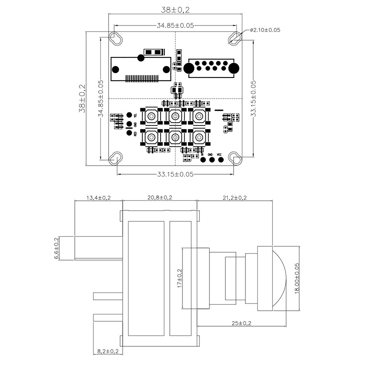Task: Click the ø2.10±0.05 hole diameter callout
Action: (x=265, y=30)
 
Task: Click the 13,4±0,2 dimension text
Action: (x=99, y=198)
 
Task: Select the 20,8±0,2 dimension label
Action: (x=159, y=198)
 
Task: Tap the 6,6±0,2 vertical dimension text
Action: (x=57, y=248)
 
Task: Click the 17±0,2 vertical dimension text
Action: (x=179, y=278)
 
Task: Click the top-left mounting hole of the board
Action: (x=115, y=38)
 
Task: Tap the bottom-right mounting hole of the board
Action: (x=236, y=159)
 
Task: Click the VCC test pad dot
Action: (x=219, y=160)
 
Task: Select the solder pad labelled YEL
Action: (x=129, y=115)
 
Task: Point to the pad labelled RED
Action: (x=129, y=133)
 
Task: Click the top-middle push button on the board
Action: (x=174, y=116)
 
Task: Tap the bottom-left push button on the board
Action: (x=150, y=136)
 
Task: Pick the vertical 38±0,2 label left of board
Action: (x=82, y=98)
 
